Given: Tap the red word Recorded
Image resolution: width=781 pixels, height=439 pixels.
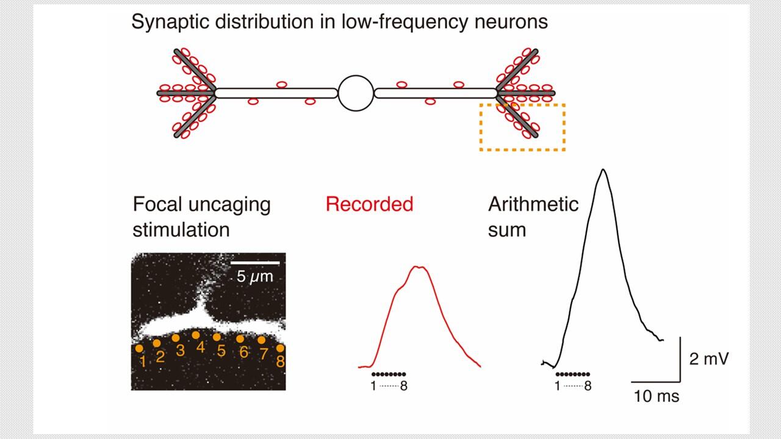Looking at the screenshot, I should (x=369, y=204).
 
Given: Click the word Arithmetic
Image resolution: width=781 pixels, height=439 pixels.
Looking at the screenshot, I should (x=533, y=204).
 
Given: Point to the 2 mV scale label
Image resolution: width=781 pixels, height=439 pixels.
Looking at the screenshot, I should (x=708, y=359).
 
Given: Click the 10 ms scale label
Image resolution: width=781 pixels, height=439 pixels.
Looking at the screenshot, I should (x=656, y=396).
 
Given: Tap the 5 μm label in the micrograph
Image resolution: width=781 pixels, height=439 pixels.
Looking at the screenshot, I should (x=255, y=277).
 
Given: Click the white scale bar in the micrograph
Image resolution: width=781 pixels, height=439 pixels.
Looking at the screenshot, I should (x=255, y=263).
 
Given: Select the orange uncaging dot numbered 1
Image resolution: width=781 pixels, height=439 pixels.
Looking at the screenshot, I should (x=139, y=349).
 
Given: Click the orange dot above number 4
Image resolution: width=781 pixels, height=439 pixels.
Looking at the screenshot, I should (x=196, y=335).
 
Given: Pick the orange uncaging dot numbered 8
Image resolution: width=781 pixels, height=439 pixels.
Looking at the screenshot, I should (x=280, y=348).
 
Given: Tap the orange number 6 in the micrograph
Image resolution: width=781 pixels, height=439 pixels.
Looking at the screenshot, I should (x=244, y=352).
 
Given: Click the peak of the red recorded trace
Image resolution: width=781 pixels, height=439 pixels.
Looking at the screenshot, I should (x=419, y=266).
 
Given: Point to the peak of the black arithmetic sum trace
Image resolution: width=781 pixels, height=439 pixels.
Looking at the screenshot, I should (x=603, y=170).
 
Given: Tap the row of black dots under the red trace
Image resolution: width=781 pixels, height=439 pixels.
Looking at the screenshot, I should (x=389, y=373).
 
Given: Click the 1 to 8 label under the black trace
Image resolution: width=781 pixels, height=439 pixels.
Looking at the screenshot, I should (x=572, y=386).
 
